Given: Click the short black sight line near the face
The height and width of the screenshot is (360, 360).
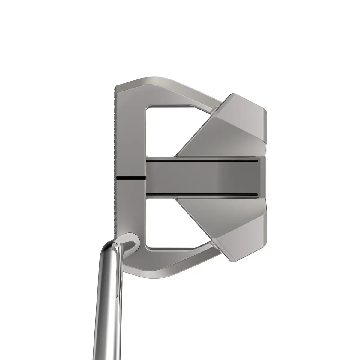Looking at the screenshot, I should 130,177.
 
